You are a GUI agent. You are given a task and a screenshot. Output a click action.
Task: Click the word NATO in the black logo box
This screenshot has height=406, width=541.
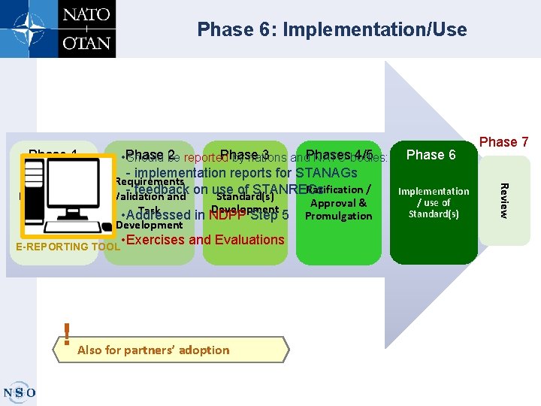click(86, 14)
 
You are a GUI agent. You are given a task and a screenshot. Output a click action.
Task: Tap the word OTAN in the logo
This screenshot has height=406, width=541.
click(86, 42)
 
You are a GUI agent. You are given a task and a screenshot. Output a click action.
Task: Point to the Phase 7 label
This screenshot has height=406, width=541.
click(503, 142)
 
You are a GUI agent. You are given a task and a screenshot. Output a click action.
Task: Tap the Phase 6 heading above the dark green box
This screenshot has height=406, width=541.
click(431, 155)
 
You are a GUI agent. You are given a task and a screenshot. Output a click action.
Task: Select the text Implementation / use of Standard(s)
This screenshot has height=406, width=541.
click(434, 202)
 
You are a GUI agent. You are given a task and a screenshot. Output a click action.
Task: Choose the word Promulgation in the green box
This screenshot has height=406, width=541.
click(338, 216)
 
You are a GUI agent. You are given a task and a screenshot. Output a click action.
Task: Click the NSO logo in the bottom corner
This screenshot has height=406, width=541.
click(18, 392)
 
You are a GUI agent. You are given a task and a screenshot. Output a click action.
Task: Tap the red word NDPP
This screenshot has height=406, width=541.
click(225, 215)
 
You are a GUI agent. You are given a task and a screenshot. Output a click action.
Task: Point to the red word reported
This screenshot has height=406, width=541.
click(205, 158)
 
